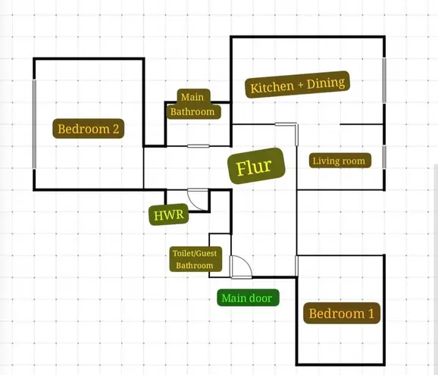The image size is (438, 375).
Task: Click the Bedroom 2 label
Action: click(88, 129)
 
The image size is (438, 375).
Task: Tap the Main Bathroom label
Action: click(192, 104)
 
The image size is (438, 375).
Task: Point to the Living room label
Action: click(340, 161)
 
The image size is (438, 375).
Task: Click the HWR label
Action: click(169, 214)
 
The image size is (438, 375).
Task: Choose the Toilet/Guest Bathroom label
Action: click(196, 259)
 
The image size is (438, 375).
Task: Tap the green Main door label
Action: click(248, 298)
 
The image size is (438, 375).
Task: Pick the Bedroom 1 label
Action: click(342, 314)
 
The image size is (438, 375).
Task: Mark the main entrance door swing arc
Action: click(246, 261)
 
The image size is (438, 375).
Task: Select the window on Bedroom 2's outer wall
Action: click(34, 124)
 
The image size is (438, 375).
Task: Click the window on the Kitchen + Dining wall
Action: click(384, 80)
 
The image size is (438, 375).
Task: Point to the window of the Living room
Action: click(384, 157)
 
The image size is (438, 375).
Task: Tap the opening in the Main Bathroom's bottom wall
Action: click(199, 146)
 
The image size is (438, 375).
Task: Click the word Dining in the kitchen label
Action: click(326, 83)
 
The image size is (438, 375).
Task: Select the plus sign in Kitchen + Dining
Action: click(300, 85)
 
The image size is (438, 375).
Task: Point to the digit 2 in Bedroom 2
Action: click(116, 129)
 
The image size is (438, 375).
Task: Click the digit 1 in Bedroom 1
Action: click(371, 314)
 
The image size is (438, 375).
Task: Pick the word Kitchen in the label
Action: click(272, 87)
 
